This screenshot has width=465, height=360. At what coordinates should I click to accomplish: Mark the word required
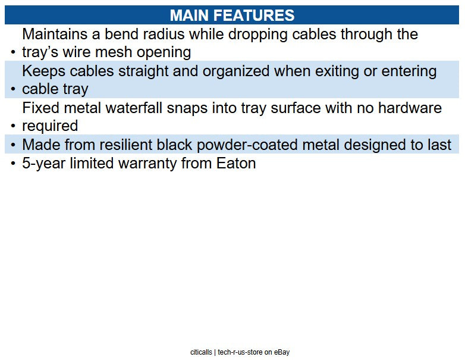pos(50,126)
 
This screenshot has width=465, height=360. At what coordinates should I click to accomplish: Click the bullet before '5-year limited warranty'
pos(12,164)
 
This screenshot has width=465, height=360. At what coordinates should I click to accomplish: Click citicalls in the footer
pos(201,352)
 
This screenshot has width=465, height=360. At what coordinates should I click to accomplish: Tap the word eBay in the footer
pos(281,352)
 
